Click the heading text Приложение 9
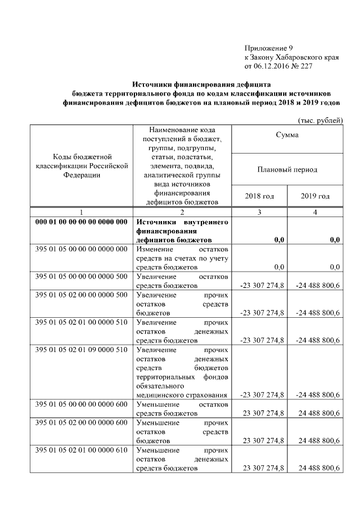(268, 48)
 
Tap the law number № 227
(301, 66)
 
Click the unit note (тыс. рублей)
(319, 120)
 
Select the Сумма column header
(287, 135)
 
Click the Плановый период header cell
(287, 169)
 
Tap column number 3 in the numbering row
(259, 212)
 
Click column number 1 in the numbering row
(82, 212)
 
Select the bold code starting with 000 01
(82, 222)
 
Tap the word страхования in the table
(208, 395)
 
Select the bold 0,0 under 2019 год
(335, 240)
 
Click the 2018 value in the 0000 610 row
(263, 468)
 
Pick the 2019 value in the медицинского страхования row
(317, 395)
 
